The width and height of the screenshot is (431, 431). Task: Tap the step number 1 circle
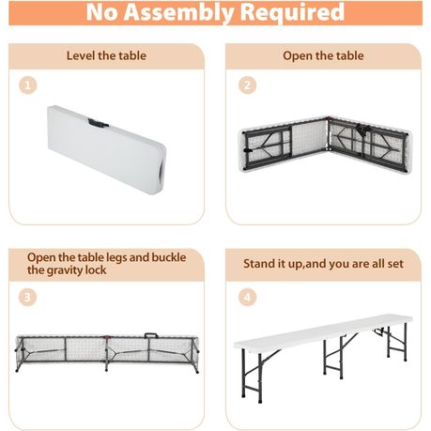[28, 85]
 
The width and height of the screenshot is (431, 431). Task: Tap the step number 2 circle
[248, 85]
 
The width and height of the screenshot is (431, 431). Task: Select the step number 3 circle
[28, 298]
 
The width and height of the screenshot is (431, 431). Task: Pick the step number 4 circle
[248, 298]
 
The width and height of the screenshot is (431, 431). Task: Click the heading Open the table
[323, 55]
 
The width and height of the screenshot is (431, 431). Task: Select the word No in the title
[104, 13]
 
